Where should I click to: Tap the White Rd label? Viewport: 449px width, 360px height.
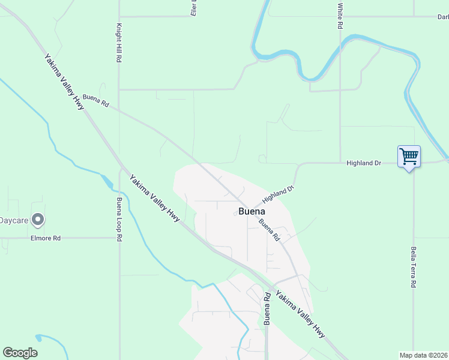point(340,16)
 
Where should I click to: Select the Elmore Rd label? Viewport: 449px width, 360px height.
point(46,238)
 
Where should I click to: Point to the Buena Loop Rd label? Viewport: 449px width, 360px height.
point(119,220)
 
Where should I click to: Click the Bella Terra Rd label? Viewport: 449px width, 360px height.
point(414,267)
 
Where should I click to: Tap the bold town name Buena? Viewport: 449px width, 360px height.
point(252,211)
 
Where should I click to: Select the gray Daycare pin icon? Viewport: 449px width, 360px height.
point(38,220)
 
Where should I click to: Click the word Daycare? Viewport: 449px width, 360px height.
point(13,220)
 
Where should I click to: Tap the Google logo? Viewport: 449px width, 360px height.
point(20,353)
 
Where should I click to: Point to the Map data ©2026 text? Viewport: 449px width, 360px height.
point(424,355)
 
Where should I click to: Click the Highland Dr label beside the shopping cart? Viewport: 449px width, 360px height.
point(364,163)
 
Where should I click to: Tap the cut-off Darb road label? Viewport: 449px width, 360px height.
point(442,17)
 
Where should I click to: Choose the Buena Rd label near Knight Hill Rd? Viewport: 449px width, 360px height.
point(96,100)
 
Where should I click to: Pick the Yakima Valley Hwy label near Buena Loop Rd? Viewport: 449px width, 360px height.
point(155,198)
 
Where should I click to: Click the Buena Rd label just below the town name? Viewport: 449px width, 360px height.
point(270,230)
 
